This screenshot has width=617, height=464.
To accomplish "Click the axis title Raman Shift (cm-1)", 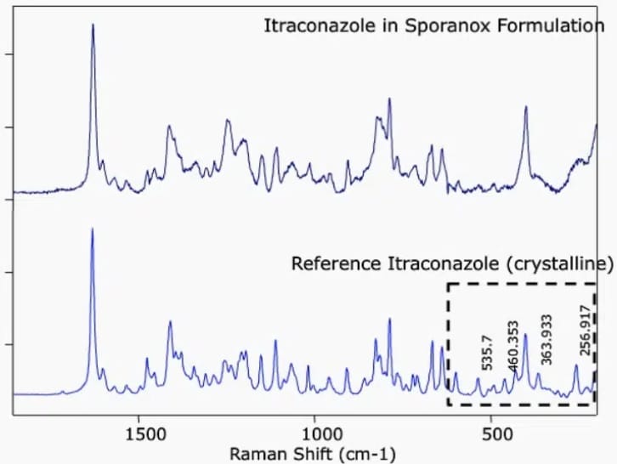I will [313, 454].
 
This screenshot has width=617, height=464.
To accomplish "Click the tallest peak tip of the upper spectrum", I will [93, 25].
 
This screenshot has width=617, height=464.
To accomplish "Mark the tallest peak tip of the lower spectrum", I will [92, 229].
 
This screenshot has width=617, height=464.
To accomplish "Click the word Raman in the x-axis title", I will [255, 454].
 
